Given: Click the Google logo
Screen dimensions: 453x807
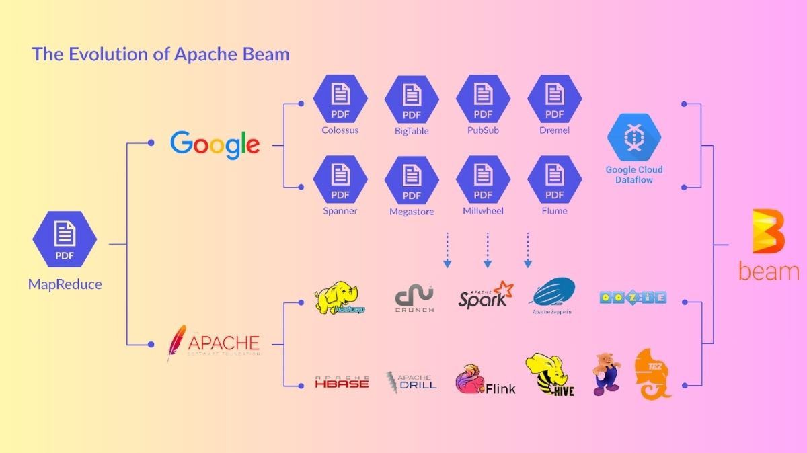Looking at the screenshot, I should pyautogui.click(x=215, y=144).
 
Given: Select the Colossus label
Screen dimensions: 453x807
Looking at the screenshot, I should pyautogui.click(x=340, y=130).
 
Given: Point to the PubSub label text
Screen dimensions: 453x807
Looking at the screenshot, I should pyautogui.click(x=483, y=130).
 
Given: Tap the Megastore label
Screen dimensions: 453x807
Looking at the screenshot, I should pyautogui.click(x=412, y=212).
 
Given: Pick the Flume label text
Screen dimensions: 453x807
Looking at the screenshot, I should pyautogui.click(x=555, y=211).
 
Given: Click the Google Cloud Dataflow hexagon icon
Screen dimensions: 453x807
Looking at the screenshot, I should pyautogui.click(x=633, y=137).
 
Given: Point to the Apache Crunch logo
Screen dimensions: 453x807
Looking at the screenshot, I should pyautogui.click(x=414, y=298).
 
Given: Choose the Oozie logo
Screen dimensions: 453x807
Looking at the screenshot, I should pyautogui.click(x=633, y=297).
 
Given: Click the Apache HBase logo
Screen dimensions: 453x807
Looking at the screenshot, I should pyautogui.click(x=342, y=382).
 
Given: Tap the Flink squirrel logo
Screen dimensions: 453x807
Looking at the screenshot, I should pyautogui.click(x=471, y=379).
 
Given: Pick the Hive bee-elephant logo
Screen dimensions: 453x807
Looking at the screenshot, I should pyautogui.click(x=549, y=374).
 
